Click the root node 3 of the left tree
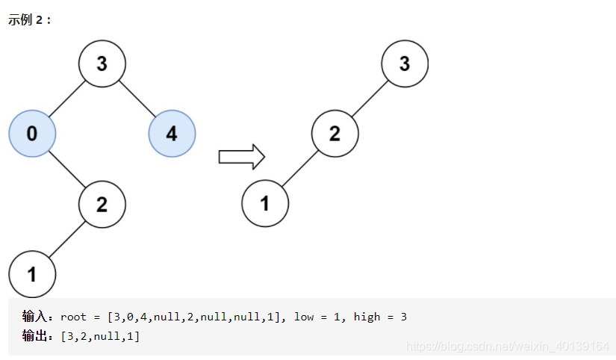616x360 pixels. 102,63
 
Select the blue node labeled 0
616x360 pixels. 31,134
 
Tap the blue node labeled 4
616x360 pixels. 172,134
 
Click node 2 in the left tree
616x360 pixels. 102,204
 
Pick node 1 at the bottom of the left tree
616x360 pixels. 32,274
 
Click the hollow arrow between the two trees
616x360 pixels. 241,156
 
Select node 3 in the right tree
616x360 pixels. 405,63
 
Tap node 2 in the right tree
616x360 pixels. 335,134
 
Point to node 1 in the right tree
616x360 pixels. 265,203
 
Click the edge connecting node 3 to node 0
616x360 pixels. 66,99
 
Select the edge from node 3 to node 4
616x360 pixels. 137,99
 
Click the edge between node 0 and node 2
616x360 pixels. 66,169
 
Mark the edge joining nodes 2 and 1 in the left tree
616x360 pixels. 66,239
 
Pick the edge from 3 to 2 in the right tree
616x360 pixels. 370,99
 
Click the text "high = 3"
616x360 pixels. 380,317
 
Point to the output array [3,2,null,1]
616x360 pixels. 100,336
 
